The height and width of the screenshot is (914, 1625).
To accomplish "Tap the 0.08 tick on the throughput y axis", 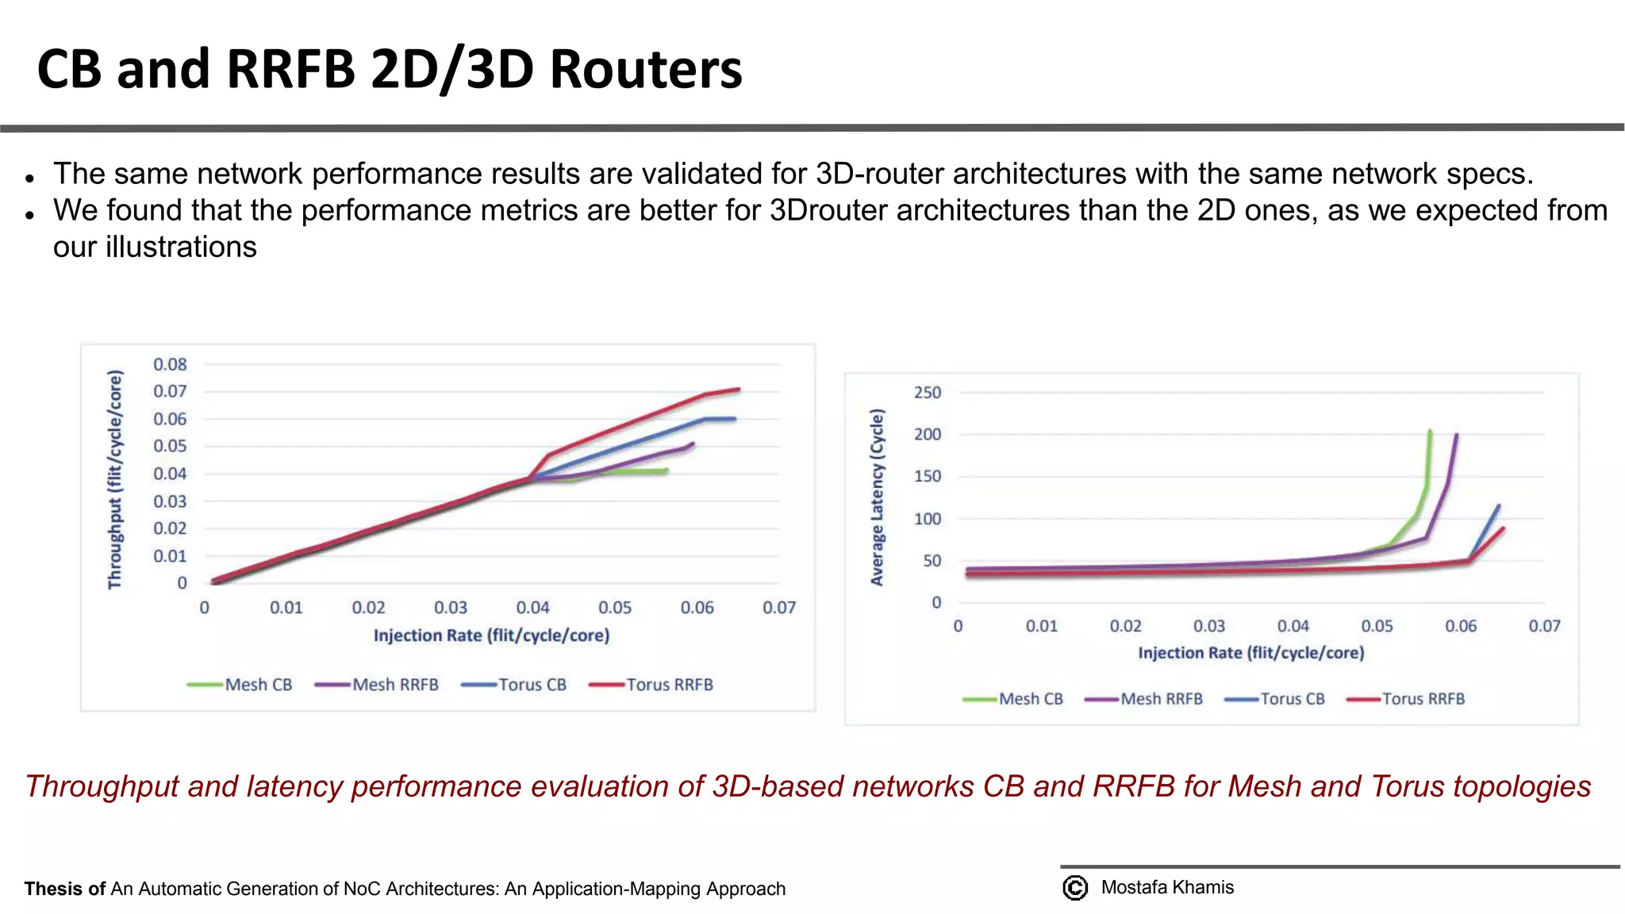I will pyautogui.click(x=170, y=364).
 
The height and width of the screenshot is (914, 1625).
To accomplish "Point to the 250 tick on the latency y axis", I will pyautogui.click(x=927, y=393).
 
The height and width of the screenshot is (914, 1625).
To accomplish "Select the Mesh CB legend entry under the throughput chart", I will pyautogui.click(x=240, y=685).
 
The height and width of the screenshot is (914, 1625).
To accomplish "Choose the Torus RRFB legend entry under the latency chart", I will pyautogui.click(x=1407, y=699).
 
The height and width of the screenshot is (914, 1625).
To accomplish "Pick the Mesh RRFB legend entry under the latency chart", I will pyautogui.click(x=1144, y=699).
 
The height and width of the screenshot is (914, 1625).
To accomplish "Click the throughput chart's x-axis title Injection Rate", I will pyautogui.click(x=491, y=636).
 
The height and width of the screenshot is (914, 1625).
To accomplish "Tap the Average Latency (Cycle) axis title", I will pyautogui.click(x=877, y=497).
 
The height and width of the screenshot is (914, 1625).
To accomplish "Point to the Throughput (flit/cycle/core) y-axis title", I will pyautogui.click(x=115, y=479).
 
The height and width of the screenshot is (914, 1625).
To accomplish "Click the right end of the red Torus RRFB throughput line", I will pyautogui.click(x=739, y=390).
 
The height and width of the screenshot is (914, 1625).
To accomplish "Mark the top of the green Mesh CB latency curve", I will pyautogui.click(x=1430, y=432).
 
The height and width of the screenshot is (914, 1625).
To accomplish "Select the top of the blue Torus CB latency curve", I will pyautogui.click(x=1498, y=506).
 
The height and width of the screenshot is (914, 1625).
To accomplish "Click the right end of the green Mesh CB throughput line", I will pyautogui.click(x=667, y=470).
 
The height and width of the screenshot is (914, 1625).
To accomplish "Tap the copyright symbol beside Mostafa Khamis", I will pyautogui.click(x=1075, y=888).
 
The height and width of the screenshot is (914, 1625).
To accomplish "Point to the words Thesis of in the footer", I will pyautogui.click(x=64, y=889).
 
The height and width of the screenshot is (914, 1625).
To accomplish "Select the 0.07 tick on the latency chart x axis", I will pyautogui.click(x=1544, y=626).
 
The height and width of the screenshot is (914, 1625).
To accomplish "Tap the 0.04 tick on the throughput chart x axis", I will pyautogui.click(x=532, y=608).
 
